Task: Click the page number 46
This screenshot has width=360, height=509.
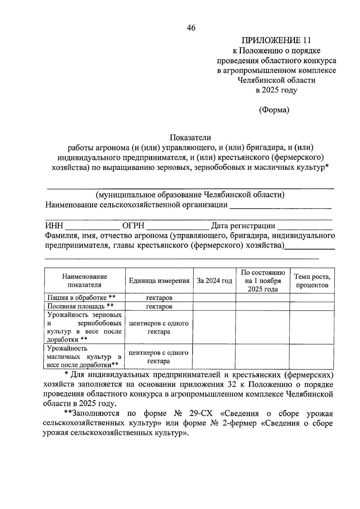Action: pos(191,28)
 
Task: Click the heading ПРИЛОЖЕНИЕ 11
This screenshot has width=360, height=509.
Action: pos(276,40)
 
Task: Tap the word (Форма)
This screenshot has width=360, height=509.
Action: pos(274,110)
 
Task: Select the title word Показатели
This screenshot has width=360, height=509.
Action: pos(190,138)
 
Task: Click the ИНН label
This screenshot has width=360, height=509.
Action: pos(54,226)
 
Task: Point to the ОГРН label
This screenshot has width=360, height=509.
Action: pos(133,226)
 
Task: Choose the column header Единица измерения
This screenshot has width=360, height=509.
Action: pos(159,281)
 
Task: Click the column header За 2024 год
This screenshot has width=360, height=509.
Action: pos(214,281)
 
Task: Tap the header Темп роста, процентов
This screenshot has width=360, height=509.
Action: pos(312,281)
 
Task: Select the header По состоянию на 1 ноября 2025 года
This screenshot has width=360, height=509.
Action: pos(263,281)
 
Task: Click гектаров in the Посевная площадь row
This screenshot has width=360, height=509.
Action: pos(159,306)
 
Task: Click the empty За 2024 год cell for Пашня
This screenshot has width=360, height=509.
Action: pos(214,298)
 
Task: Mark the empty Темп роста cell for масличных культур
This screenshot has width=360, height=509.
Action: pos(311,356)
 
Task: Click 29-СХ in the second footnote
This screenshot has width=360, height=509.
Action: pos(201,413)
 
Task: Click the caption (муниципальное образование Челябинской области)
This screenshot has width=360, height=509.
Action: pos(190,195)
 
